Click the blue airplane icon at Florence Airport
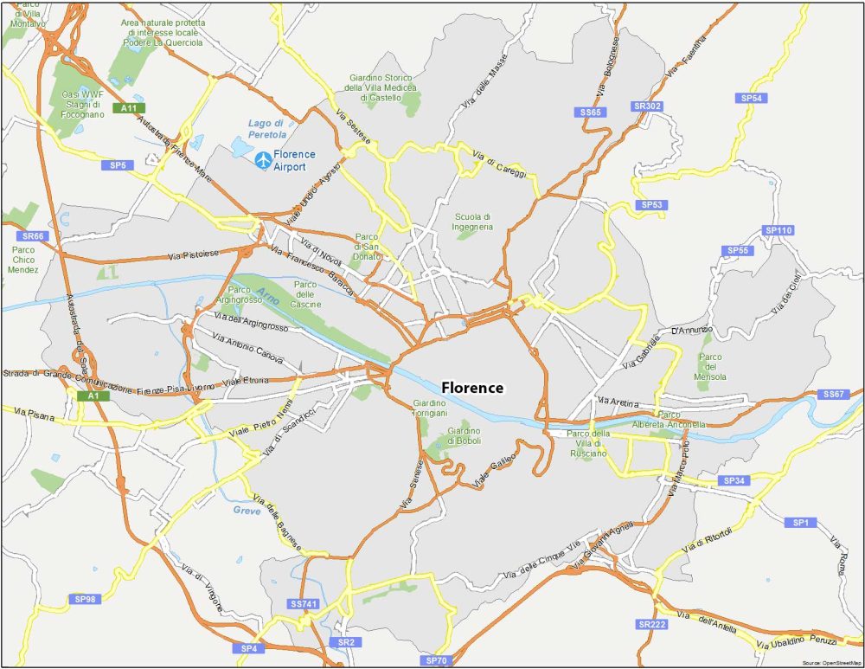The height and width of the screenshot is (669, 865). (262, 160)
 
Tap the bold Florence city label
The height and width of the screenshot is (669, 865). (472, 388)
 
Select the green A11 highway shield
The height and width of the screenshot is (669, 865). (129, 108)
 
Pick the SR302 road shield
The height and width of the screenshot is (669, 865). (647, 106)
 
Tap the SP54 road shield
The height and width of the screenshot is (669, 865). (753, 99)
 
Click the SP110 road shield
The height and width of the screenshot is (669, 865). (778, 230)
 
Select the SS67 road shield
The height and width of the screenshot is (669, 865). (834, 395)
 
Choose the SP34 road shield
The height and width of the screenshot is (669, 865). (734, 480)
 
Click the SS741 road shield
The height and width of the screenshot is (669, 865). (304, 603)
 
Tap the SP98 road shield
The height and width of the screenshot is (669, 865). (86, 599)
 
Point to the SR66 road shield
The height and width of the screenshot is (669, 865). (34, 236)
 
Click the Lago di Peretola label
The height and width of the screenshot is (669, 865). (266, 129)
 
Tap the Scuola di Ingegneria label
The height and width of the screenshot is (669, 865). (472, 222)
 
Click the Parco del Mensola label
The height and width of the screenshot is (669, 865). (710, 367)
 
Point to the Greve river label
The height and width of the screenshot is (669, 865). (247, 511)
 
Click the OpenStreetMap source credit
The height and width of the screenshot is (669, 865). (831, 662)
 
